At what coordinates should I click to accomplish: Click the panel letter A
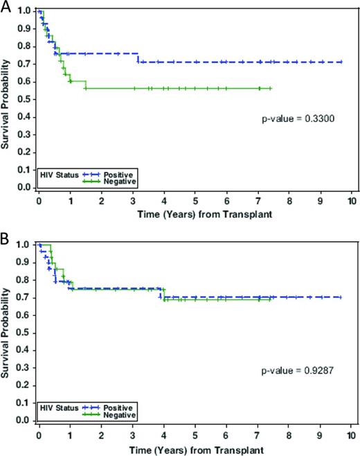point(6,7)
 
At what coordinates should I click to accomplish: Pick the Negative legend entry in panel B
point(123,414)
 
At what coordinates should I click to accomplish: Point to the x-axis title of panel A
point(195,213)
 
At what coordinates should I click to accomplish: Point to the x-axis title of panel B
point(195,447)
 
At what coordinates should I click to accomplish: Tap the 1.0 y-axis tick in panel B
point(24,245)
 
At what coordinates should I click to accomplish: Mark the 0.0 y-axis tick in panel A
point(24,188)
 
